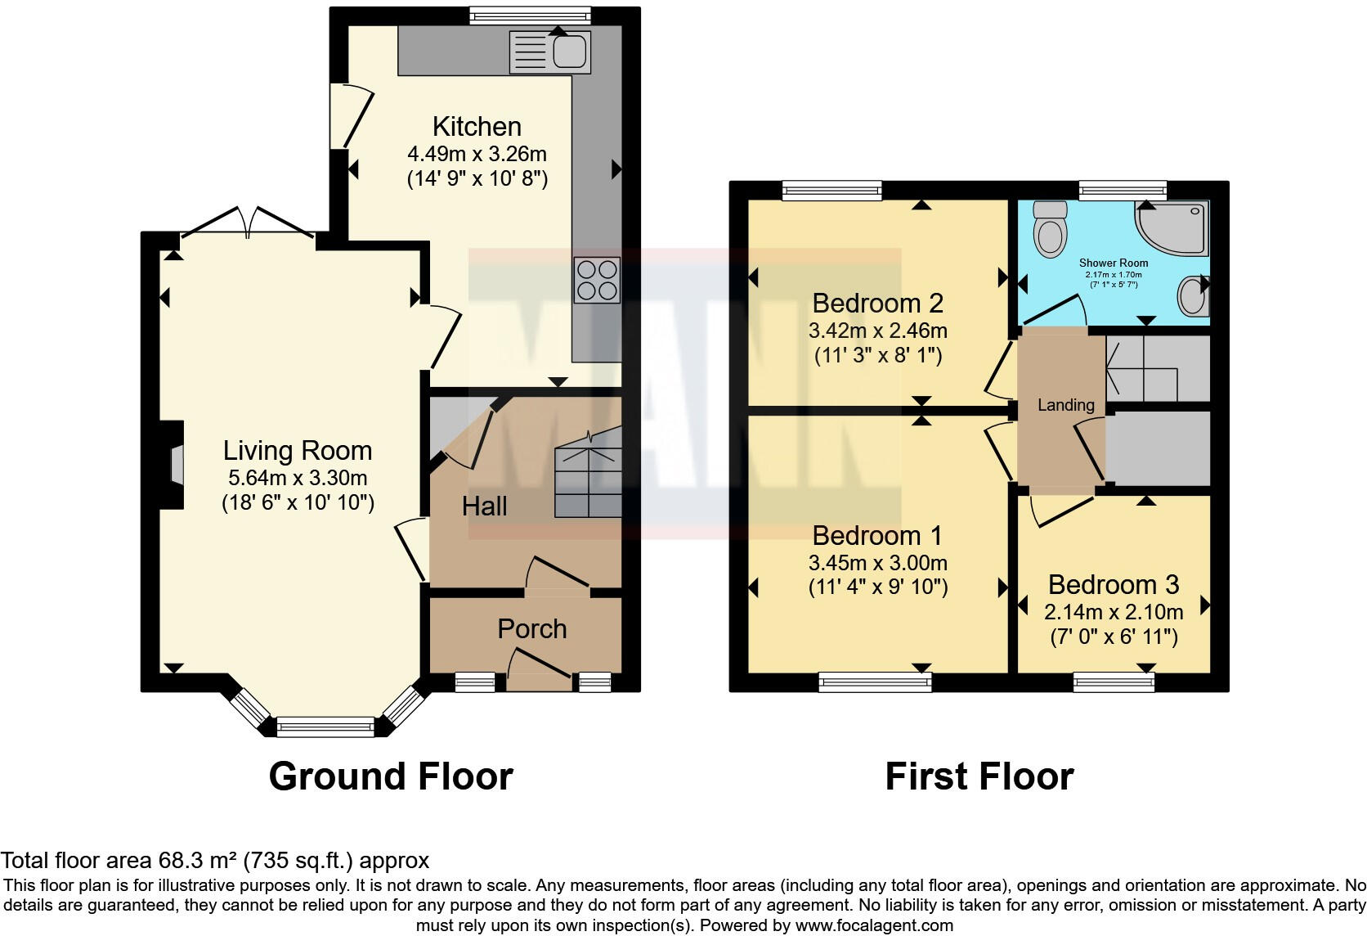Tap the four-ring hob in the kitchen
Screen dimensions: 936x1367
coord(596,280)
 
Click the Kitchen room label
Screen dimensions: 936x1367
coord(477,127)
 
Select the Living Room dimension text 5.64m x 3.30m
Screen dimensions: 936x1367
coord(298,478)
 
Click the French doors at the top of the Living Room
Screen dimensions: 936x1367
coord(247,223)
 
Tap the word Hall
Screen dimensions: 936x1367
coord(484,506)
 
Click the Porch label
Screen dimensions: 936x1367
coord(532,629)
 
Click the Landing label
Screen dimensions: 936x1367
coord(1065,405)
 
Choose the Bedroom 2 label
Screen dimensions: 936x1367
coord(877,304)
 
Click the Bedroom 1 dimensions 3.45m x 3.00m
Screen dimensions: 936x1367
coord(877,563)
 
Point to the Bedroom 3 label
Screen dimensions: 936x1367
coord(1113,585)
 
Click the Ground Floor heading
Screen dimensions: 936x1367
coord(390,776)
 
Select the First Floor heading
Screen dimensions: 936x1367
coord(979,776)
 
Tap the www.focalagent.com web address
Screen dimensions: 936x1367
coord(873,925)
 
